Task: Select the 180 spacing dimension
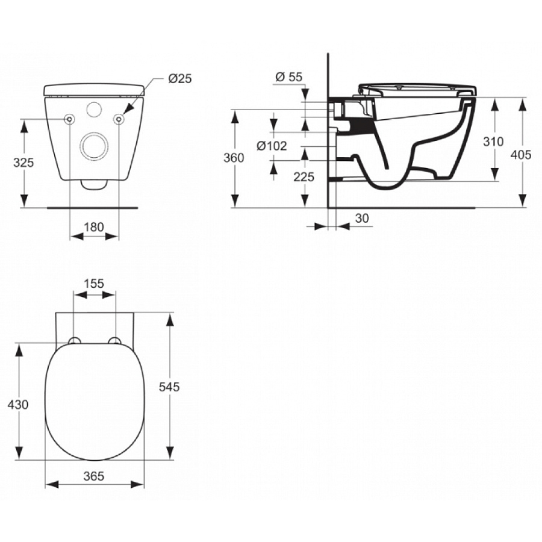[x=94, y=227]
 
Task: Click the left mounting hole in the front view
[x=70, y=120]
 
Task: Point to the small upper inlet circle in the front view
[x=94, y=110]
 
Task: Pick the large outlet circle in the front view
[x=94, y=145]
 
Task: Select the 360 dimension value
[x=234, y=158]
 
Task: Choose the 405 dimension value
[x=521, y=155]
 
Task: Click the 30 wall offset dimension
[x=362, y=217]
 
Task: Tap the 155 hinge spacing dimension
[x=94, y=283]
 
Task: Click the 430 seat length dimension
[x=19, y=405]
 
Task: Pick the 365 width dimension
[x=94, y=476]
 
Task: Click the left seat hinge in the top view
[x=75, y=341]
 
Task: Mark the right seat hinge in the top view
[x=113, y=341]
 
